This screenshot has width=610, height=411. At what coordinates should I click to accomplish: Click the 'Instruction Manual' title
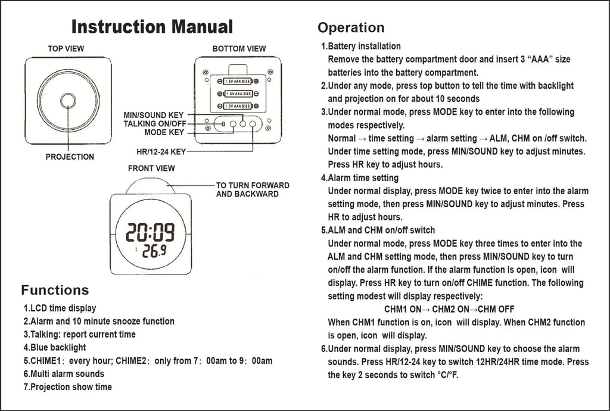152,26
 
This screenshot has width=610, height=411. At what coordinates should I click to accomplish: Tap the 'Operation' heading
351,27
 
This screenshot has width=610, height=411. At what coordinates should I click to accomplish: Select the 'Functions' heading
55,290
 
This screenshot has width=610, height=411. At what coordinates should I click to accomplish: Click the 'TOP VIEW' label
66,49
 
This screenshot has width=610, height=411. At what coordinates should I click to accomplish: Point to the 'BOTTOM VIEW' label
239,49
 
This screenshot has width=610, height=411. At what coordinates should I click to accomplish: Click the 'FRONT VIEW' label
151,169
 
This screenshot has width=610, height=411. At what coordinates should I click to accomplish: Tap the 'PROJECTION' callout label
70,157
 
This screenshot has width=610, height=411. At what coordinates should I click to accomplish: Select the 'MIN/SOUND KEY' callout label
154,114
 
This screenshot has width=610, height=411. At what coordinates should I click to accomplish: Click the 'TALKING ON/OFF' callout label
155,123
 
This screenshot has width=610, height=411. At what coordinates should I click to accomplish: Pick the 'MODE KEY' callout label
164,132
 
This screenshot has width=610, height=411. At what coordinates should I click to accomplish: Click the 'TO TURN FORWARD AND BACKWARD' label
253,189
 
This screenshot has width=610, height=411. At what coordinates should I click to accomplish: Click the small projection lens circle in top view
68,100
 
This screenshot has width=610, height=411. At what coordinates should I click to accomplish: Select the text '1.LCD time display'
60,308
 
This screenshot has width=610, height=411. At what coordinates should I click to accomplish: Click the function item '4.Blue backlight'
55,347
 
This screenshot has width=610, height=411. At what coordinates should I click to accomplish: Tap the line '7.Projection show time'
67,387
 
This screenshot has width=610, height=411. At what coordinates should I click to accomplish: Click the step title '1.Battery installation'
360,46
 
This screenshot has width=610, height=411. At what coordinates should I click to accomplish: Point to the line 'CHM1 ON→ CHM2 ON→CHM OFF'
449,309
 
